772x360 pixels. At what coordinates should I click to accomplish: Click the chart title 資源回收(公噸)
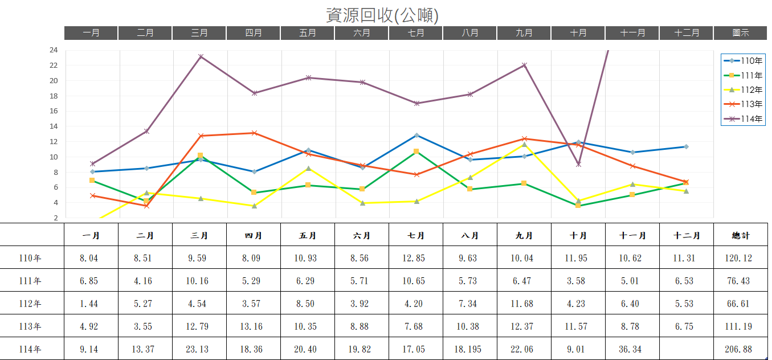[x=382, y=15]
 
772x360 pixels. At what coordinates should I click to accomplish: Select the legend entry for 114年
[x=744, y=118]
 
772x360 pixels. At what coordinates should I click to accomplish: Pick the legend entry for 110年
[x=744, y=61]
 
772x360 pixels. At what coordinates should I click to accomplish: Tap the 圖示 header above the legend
[x=741, y=33]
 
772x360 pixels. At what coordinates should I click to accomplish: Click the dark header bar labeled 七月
[x=416, y=33]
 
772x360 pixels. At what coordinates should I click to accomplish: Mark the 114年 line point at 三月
[x=201, y=56]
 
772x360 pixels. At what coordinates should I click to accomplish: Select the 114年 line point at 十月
[x=578, y=164]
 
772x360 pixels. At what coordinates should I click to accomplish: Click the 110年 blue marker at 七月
[x=416, y=135]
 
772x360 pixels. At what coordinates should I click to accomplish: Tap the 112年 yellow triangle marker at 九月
[x=524, y=144]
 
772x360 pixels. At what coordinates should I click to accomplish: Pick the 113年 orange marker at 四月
[x=254, y=133]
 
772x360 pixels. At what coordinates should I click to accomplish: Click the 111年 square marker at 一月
[x=92, y=181]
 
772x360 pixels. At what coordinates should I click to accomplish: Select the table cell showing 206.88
[x=738, y=349]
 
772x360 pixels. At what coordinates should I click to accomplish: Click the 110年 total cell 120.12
[x=738, y=258]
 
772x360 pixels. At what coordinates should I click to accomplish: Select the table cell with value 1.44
[x=89, y=304]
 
